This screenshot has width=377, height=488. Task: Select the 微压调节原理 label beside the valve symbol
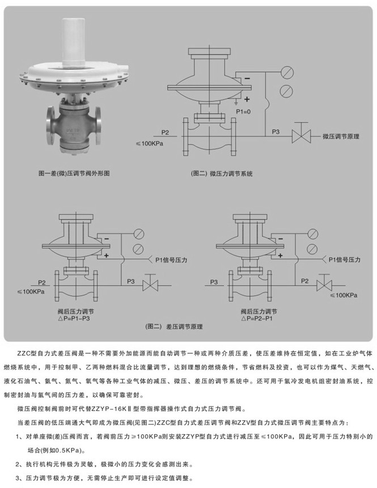[x=341, y=136]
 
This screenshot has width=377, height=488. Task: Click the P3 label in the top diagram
[x=276, y=132]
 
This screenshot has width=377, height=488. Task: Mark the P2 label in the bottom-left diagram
[x=41, y=281]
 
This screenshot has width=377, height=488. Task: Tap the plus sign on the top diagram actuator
[x=247, y=98]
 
